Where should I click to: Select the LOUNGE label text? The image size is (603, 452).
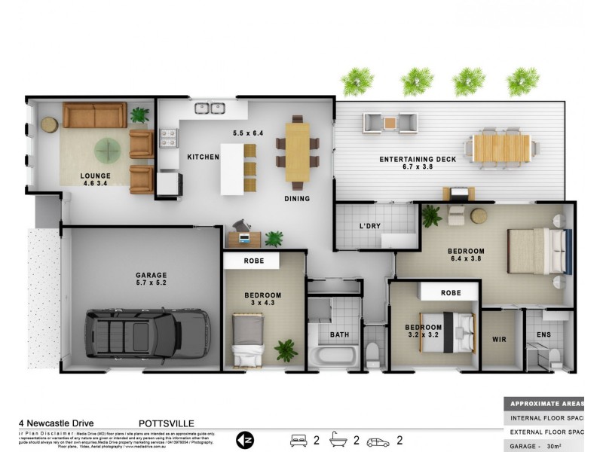tap(96, 176)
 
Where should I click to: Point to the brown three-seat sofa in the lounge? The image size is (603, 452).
tap(94, 115)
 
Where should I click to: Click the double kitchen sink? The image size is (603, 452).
tap(210, 108)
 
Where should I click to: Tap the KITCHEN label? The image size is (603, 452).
tap(203, 157)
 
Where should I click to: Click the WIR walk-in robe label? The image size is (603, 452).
tap(499, 340)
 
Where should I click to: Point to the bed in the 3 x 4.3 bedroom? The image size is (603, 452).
tap(247, 341)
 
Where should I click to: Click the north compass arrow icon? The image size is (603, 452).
tap(246, 438)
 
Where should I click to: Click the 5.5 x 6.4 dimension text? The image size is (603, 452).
tap(248, 133)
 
